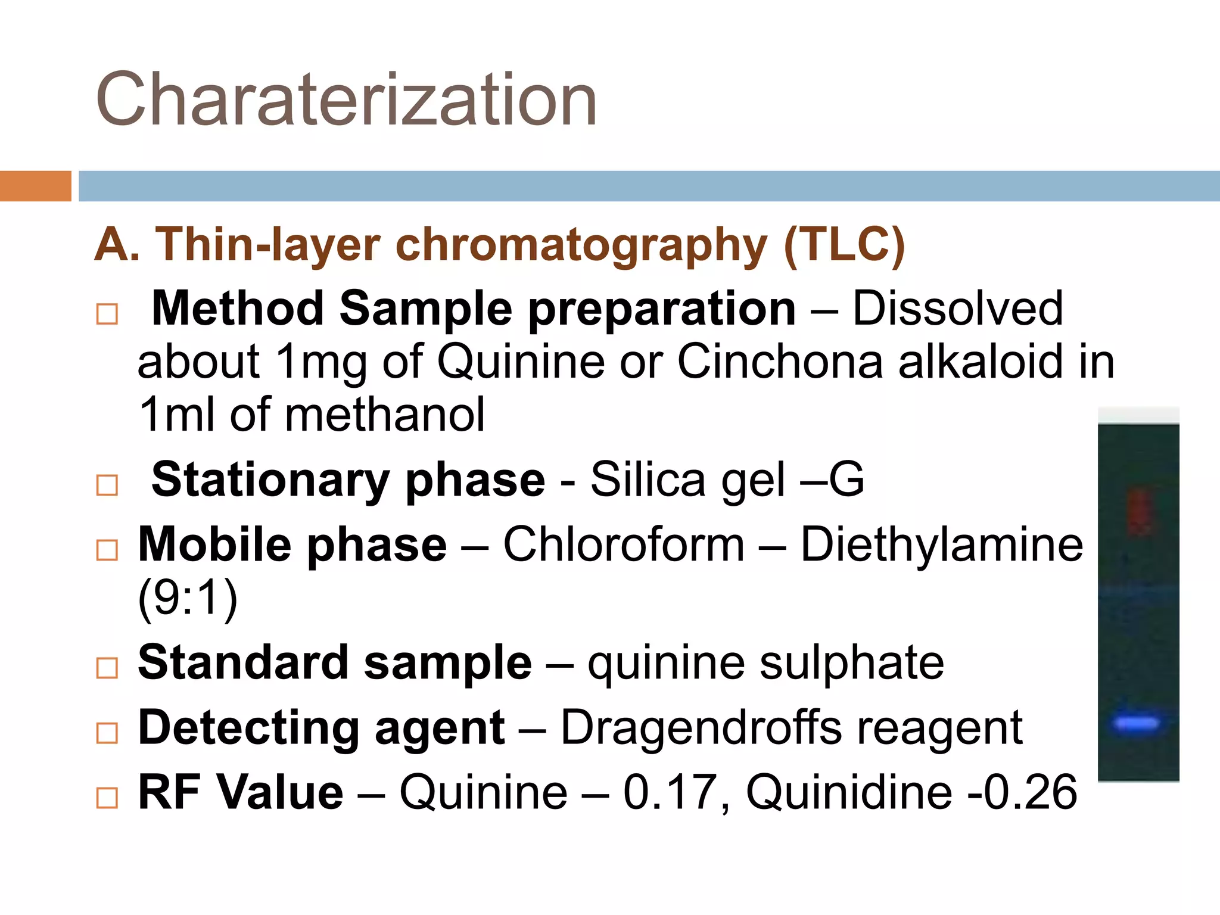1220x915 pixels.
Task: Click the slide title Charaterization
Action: tap(346, 99)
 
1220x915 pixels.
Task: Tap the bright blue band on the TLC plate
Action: tap(1137, 723)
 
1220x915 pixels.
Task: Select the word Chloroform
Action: tap(624, 544)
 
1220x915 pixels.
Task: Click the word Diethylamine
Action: tap(941, 544)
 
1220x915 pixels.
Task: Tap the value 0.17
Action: tap(669, 792)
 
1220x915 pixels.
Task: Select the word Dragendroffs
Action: tap(701, 727)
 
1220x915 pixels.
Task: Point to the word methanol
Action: tap(385, 415)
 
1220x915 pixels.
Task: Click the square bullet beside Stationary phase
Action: tap(107, 485)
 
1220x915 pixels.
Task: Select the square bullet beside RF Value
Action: tap(107, 798)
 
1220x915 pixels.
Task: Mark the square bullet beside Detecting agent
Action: tap(107, 733)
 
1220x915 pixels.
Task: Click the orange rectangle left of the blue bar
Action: tap(35, 186)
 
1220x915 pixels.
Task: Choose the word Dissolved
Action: tap(957, 309)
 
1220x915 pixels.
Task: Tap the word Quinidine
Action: tap(849, 792)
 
